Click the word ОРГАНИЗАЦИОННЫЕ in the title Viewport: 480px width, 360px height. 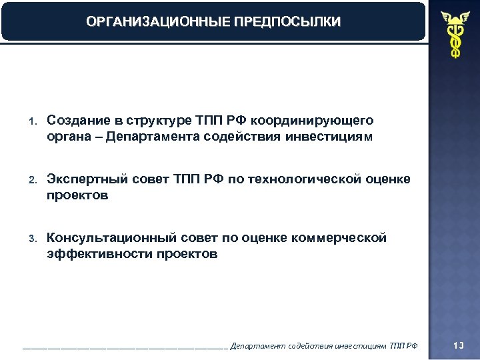(x=157, y=22)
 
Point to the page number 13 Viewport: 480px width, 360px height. (x=458, y=345)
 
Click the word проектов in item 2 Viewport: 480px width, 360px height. (x=77, y=197)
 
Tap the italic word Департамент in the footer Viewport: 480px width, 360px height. (x=257, y=345)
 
